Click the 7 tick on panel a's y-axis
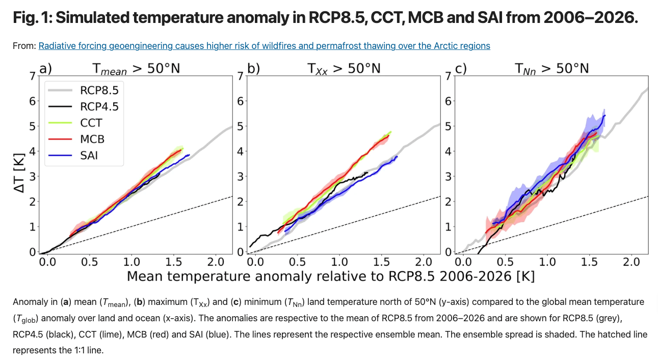pos(33,76)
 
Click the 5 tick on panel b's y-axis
pos(240,126)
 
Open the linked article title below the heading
pos(264,46)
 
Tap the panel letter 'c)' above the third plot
pos(461,68)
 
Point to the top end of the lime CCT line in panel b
pos(391,132)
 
